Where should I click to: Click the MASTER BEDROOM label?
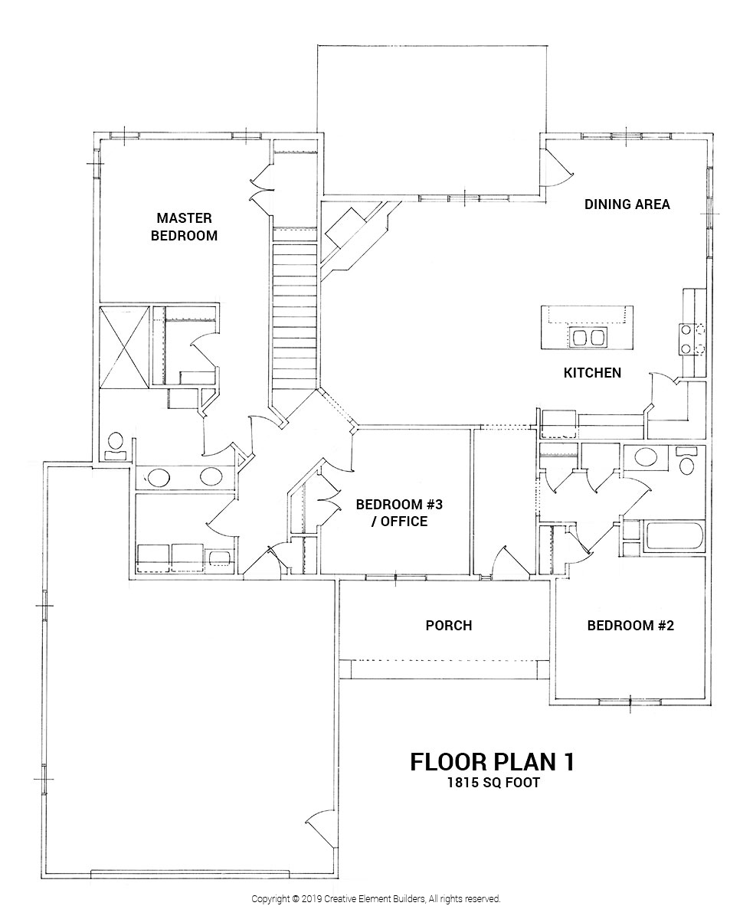184,227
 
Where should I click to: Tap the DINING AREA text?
627,204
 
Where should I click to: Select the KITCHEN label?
592,373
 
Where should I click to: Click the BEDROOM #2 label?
630,626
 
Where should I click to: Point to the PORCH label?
448,626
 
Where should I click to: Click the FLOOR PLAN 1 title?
493,761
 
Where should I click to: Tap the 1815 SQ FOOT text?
493,783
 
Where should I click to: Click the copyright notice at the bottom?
376,898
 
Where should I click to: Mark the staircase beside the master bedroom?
294,314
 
